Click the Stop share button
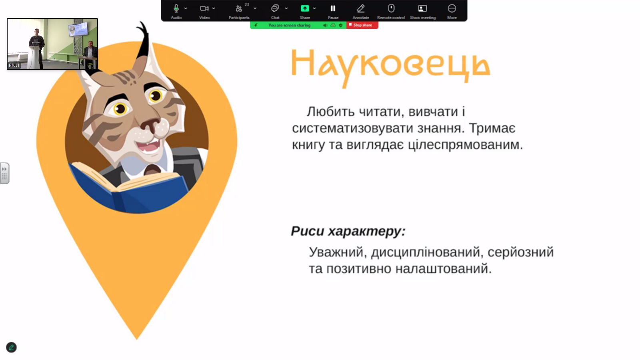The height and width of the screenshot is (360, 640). (x=362, y=25)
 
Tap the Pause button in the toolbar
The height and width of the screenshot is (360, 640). (x=333, y=9)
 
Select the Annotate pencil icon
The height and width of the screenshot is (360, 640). (x=361, y=9)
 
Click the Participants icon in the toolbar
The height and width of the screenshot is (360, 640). (x=239, y=9)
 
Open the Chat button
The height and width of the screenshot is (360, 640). (x=275, y=9)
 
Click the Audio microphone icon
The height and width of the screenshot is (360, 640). (x=176, y=9)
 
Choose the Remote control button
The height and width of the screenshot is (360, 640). (x=391, y=9)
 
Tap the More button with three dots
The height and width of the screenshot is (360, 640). (x=452, y=9)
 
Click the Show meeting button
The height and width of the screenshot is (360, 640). (x=422, y=9)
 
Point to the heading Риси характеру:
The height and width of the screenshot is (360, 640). (x=348, y=231)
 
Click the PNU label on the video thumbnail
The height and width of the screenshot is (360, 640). (x=14, y=65)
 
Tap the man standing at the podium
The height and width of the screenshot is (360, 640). (x=36, y=44)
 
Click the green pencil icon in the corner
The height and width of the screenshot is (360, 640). (x=11, y=347)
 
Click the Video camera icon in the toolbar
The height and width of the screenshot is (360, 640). (x=204, y=9)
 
